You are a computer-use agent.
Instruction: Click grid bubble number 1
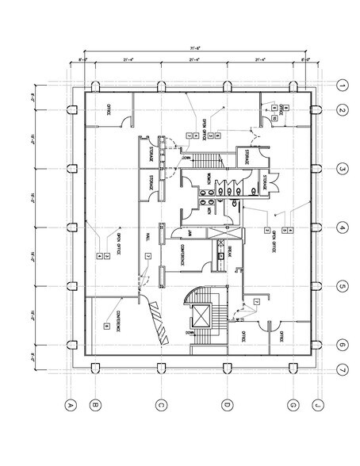342,86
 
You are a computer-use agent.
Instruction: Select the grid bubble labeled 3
342,169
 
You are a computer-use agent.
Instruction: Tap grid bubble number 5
342,286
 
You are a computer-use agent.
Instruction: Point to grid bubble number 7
342,370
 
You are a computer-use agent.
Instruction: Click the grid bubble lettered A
70,406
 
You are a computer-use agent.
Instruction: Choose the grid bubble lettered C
160,406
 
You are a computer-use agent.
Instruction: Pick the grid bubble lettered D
227,406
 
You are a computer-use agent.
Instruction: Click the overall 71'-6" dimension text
193,49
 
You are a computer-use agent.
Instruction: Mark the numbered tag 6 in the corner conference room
105,326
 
